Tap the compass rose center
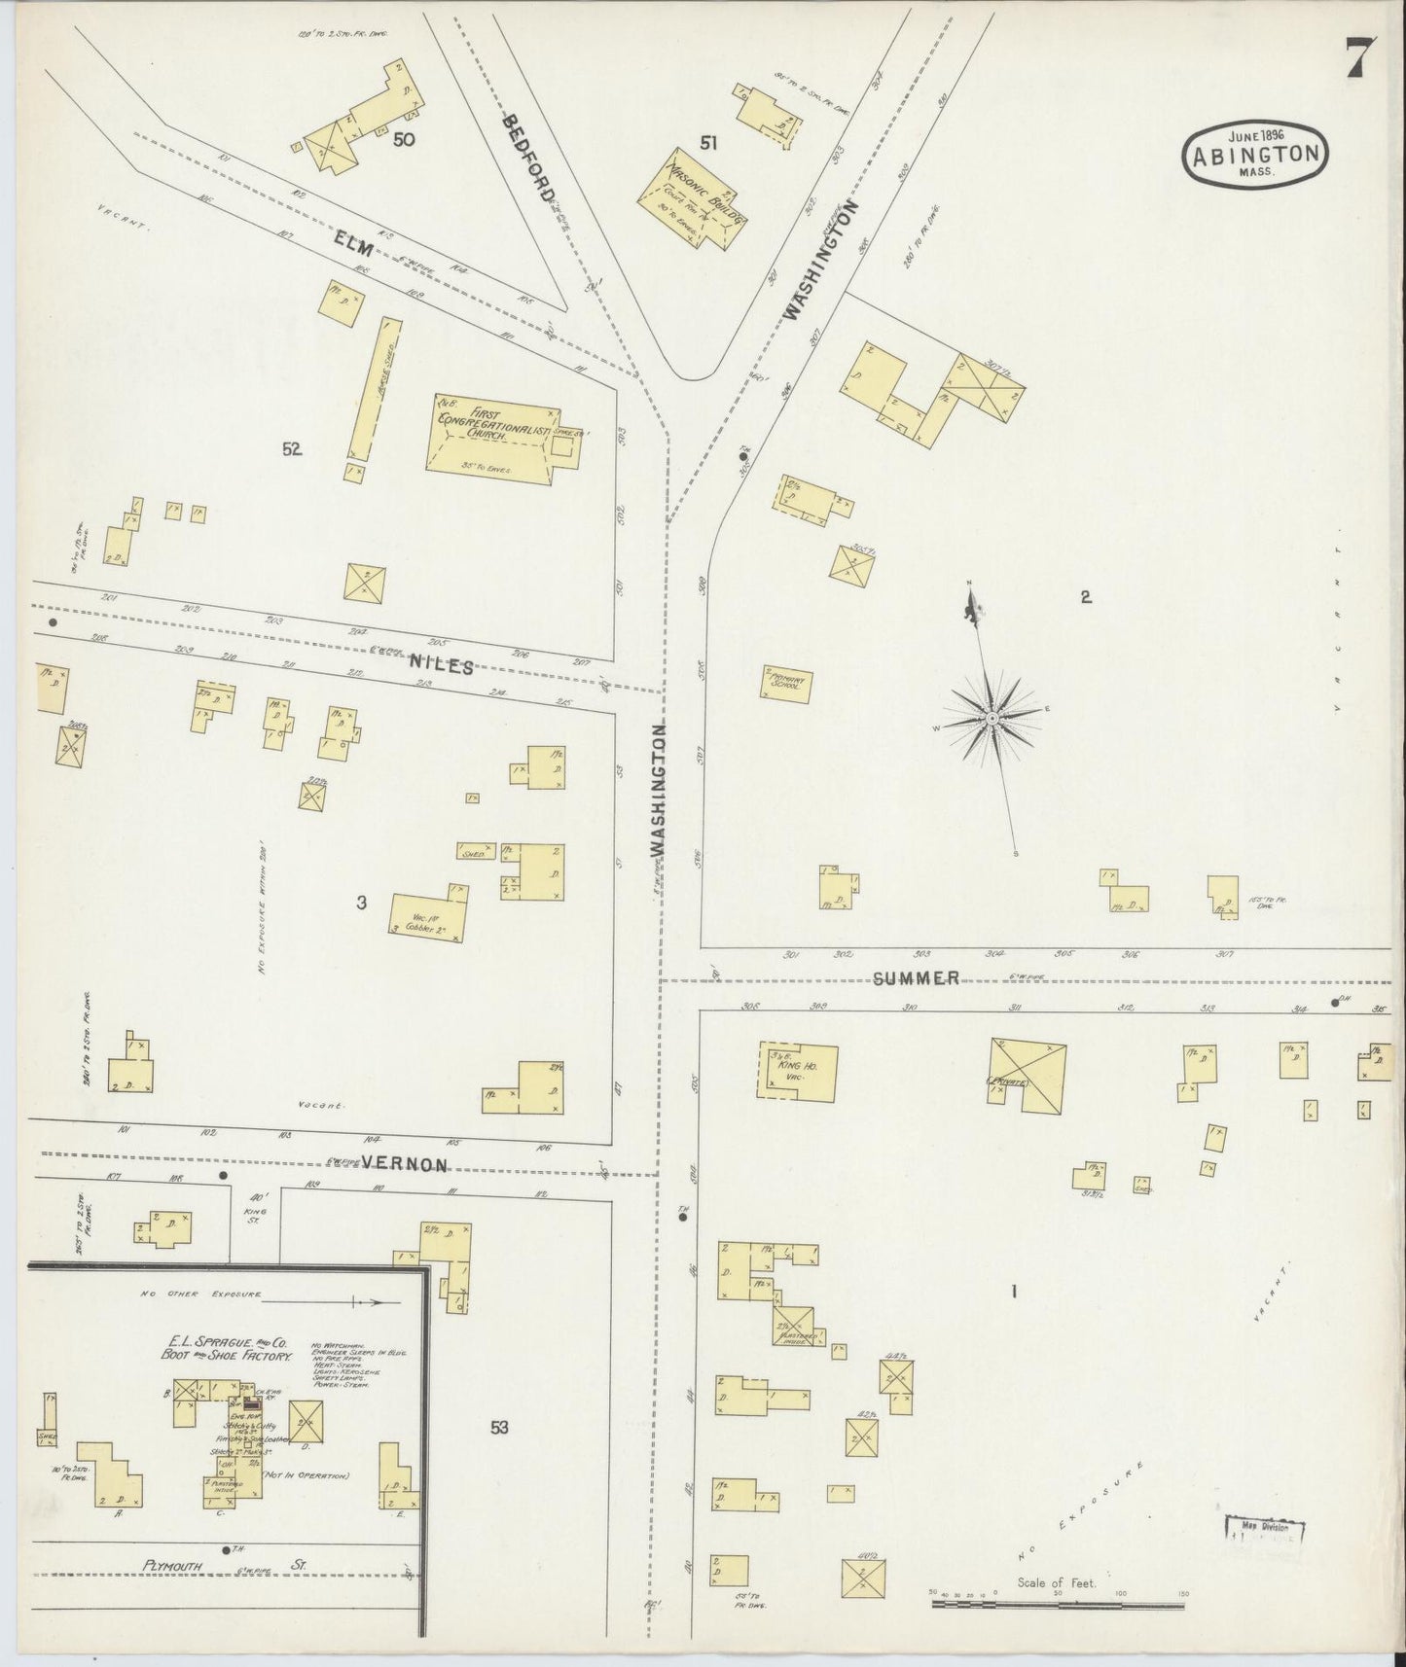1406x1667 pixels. (x=991, y=718)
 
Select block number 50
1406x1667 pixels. (x=404, y=140)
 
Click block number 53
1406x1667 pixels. (x=499, y=1428)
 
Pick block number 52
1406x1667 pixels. (x=292, y=448)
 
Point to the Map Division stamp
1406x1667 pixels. (x=1263, y=1528)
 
